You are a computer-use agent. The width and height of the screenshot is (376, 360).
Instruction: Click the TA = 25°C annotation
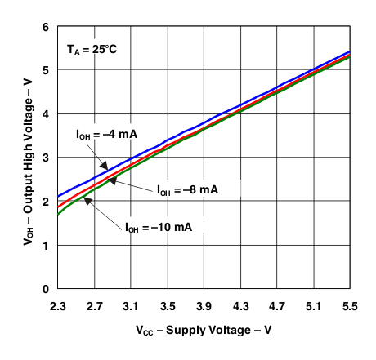pos(93,48)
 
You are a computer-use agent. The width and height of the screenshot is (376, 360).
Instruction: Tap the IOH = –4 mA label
pos(96,134)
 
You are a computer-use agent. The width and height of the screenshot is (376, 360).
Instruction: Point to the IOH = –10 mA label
pos(159,228)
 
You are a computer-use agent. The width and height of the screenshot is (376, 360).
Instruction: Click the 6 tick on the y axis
pos(46,27)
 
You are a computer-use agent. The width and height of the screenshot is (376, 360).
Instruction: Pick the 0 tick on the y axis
pos(46,289)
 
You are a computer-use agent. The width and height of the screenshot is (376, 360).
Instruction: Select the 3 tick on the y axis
pos(46,158)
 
